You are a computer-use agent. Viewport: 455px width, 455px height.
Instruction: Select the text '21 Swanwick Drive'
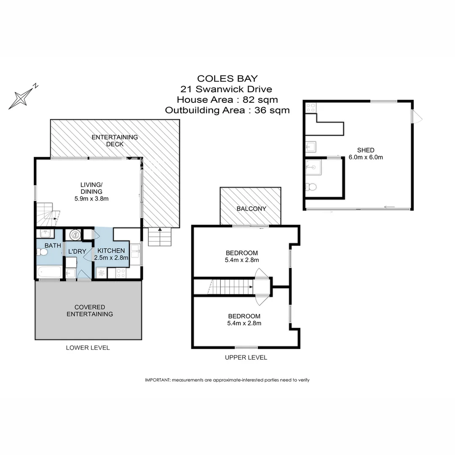[226, 89]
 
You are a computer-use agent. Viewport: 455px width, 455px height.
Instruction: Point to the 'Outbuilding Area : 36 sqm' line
[227, 110]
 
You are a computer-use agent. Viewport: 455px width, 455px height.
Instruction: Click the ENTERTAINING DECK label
[115, 141]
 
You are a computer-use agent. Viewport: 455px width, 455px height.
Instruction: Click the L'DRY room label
[77, 252]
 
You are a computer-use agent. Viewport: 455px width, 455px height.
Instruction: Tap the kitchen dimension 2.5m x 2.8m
[112, 258]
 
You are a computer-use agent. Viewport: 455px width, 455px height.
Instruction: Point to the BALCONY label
[251, 209]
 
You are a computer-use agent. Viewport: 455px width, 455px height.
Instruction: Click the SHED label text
[365, 150]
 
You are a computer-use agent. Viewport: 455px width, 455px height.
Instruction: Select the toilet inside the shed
[311, 187]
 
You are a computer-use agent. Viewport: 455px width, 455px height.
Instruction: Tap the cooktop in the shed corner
[311, 108]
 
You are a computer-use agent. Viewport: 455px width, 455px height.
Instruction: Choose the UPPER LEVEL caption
[246, 357]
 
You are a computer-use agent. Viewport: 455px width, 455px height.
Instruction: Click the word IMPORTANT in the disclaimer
[157, 380]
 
